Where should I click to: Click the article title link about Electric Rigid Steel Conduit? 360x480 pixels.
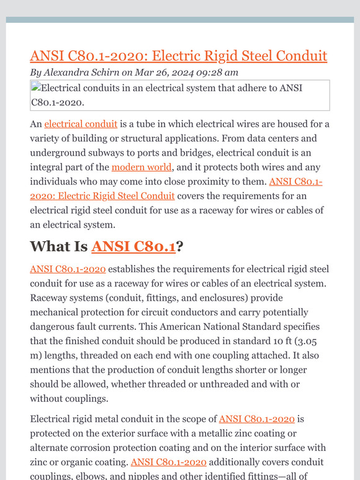[178, 56]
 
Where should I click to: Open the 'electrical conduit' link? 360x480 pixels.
[81, 124]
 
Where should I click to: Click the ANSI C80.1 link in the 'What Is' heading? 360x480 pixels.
[133, 246]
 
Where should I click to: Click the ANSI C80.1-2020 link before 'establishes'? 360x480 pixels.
[68, 269]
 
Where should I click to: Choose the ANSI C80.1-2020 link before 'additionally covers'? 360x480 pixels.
[169, 462]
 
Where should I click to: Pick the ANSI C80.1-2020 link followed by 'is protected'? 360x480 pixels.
[257, 419]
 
